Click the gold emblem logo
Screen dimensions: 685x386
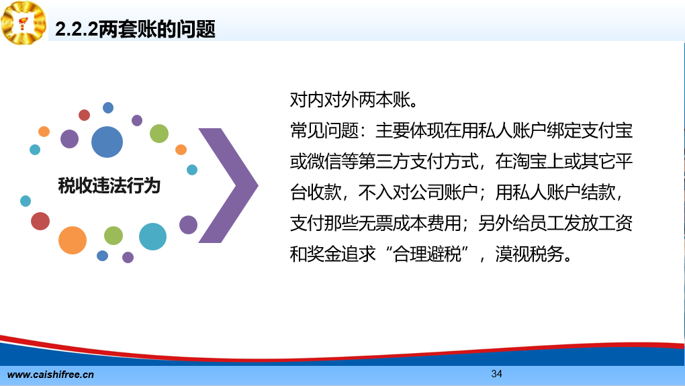point(24,22)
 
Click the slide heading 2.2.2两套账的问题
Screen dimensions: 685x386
point(135,30)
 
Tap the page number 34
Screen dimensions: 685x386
point(496,374)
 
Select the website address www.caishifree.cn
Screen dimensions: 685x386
point(50,375)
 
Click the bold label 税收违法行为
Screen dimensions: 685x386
point(109,185)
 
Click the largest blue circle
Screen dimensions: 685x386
point(107,142)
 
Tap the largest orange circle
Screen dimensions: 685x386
point(73,240)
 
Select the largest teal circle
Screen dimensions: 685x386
point(152,237)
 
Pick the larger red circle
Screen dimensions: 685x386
point(40,221)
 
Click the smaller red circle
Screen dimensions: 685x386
point(85,115)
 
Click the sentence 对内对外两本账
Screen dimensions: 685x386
point(350,100)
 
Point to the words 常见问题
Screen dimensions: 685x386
point(324,130)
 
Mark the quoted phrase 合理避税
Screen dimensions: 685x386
point(427,254)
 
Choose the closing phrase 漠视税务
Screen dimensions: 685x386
point(529,254)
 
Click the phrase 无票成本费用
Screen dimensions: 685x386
point(410,223)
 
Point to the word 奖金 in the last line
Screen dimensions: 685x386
point(324,254)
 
